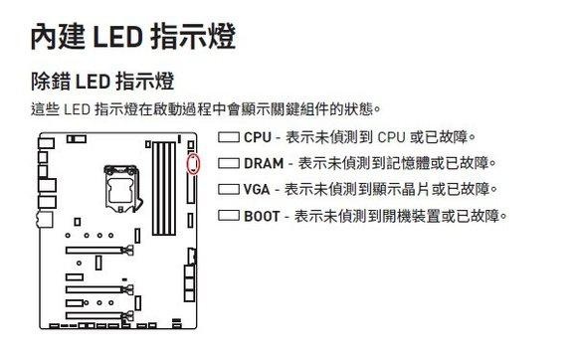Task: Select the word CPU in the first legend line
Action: pyautogui.click(x=257, y=136)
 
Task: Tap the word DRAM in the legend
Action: pyautogui.click(x=264, y=162)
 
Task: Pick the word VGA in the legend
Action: pyautogui.click(x=257, y=189)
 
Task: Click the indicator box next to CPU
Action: pyautogui.click(x=228, y=136)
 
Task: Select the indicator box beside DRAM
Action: pyautogui.click(x=228, y=162)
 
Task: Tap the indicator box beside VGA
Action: pyautogui.click(x=228, y=189)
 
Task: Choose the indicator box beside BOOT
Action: pyautogui.click(x=228, y=215)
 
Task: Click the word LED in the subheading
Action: pyautogui.click(x=95, y=80)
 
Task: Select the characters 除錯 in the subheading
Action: pyautogui.click(x=48, y=80)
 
